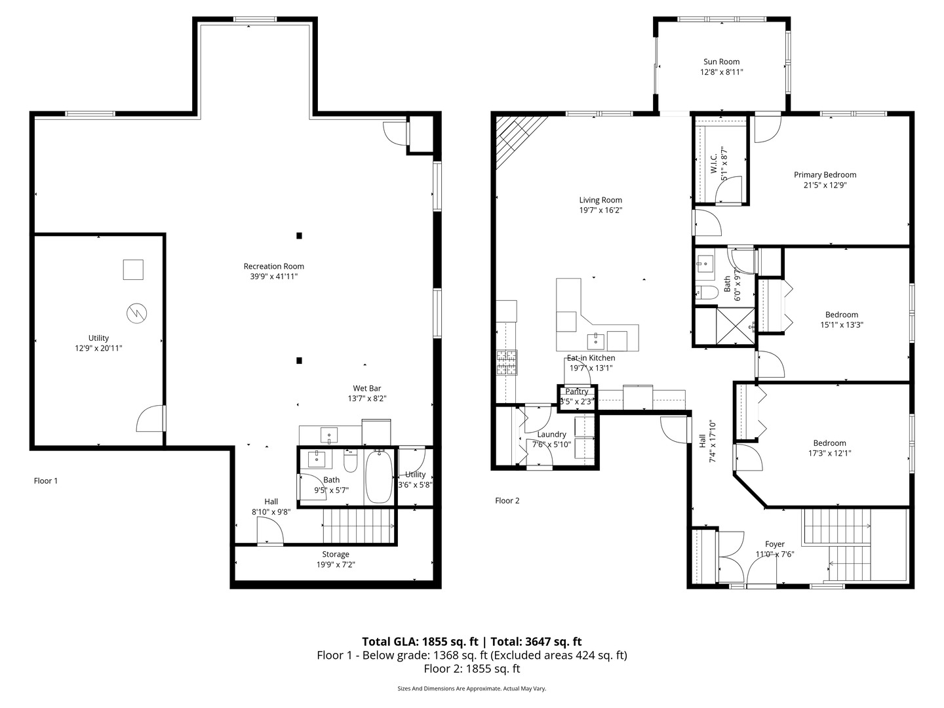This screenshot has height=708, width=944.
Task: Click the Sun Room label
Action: (x=721, y=62)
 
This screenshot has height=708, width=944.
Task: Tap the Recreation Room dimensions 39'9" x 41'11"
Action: (x=273, y=277)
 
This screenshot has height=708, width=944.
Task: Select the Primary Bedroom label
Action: (x=825, y=174)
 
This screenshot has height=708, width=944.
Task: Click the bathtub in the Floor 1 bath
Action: (x=378, y=477)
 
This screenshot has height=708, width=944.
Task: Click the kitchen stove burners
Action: (x=507, y=362)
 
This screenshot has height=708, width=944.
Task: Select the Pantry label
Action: (x=577, y=391)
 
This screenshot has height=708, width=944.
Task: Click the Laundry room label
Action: (x=551, y=434)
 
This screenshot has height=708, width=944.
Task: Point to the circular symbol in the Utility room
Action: (x=137, y=313)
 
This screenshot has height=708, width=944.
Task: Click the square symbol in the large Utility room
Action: (x=133, y=269)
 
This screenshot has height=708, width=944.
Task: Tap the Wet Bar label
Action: (x=366, y=388)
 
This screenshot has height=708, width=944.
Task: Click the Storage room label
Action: (x=335, y=554)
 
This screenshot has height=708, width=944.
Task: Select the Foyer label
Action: (x=775, y=544)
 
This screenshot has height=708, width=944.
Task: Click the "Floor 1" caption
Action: (x=46, y=481)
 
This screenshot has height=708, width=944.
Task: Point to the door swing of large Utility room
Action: (x=150, y=420)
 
